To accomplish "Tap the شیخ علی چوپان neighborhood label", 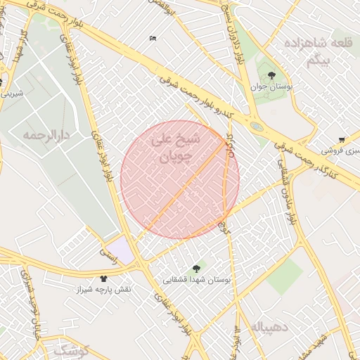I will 176,149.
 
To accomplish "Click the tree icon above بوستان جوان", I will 272,75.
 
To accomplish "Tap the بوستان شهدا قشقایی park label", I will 198,279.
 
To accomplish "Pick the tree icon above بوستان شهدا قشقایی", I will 196,268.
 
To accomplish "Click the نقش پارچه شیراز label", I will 105,289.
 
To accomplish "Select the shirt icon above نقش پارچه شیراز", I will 104,278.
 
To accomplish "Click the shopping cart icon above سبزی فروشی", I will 341,140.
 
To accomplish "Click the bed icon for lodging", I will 153,38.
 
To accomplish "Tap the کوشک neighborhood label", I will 70,349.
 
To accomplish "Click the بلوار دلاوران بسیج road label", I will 238,35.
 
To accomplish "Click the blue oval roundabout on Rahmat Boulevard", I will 257,127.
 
